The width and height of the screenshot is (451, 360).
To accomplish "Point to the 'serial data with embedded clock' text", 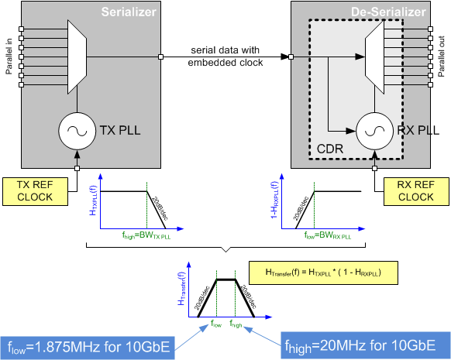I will click(225, 55).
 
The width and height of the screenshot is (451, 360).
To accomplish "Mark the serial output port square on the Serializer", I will click(160, 56).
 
